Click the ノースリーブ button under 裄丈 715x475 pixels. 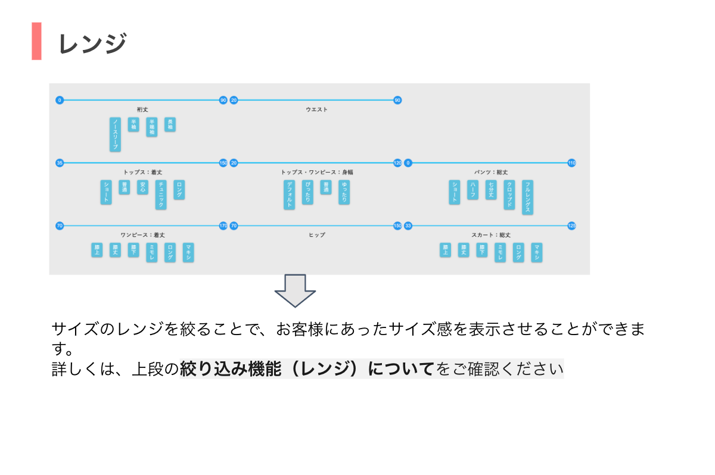pyautogui.click(x=115, y=134)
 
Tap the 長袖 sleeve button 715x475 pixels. pyautogui.click(x=170, y=124)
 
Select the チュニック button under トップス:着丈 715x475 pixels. pyautogui.click(x=160, y=194)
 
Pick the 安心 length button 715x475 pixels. pyautogui.click(x=142, y=187)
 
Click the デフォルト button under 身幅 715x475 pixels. pyautogui.click(x=290, y=194)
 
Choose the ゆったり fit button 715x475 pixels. pyautogui.click(x=344, y=192)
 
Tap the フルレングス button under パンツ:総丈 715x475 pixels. pyautogui.click(x=527, y=197)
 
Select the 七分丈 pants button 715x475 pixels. pyautogui.click(x=490, y=189)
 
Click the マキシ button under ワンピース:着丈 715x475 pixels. pyautogui.click(x=188, y=252)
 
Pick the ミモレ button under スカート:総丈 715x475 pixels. pyautogui.click(x=500, y=252)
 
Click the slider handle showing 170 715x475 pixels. pyautogui.click(x=223, y=226)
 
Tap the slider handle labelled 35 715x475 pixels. pyautogui.click(x=59, y=163)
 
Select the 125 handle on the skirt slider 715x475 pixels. pyautogui.click(x=571, y=226)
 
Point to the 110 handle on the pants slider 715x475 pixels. pyautogui.click(x=571, y=163)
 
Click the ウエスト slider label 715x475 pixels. pyautogui.click(x=316, y=110)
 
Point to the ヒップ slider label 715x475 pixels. pyautogui.click(x=316, y=235)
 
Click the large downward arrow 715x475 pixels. pyautogui.click(x=295, y=290)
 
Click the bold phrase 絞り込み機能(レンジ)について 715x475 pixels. pyautogui.click(x=307, y=370)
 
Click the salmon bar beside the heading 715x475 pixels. pyautogui.click(x=36, y=41)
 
